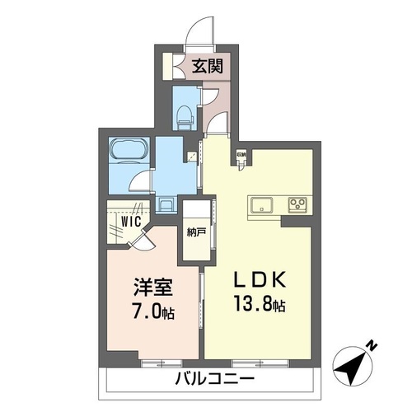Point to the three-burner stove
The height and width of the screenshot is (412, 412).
click(296, 204)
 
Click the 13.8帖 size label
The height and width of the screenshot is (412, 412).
click(257, 307)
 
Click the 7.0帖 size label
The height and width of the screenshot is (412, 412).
click(154, 314)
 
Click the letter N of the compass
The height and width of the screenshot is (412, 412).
click(372, 346)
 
